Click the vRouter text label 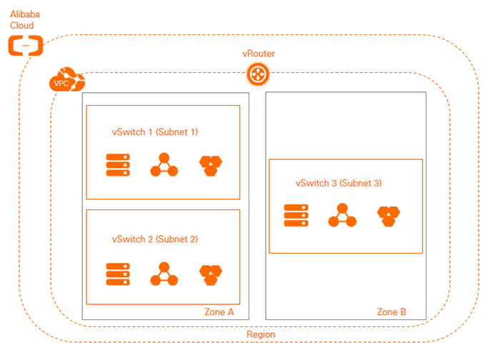[x=258, y=54]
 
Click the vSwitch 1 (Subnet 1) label [x=155, y=132]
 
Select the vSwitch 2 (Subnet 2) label [x=155, y=239]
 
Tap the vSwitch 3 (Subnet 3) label [x=339, y=183]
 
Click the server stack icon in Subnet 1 [x=117, y=165]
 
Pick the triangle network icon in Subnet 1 [x=164, y=165]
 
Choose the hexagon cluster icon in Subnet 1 [x=211, y=166]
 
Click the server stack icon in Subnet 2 [x=117, y=274]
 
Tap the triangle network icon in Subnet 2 [x=164, y=274]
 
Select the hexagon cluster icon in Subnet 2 [x=211, y=274]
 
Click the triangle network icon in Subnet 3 [x=341, y=215]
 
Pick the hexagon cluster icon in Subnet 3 [x=389, y=216]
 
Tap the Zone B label [x=391, y=312]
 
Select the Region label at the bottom [x=260, y=334]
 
